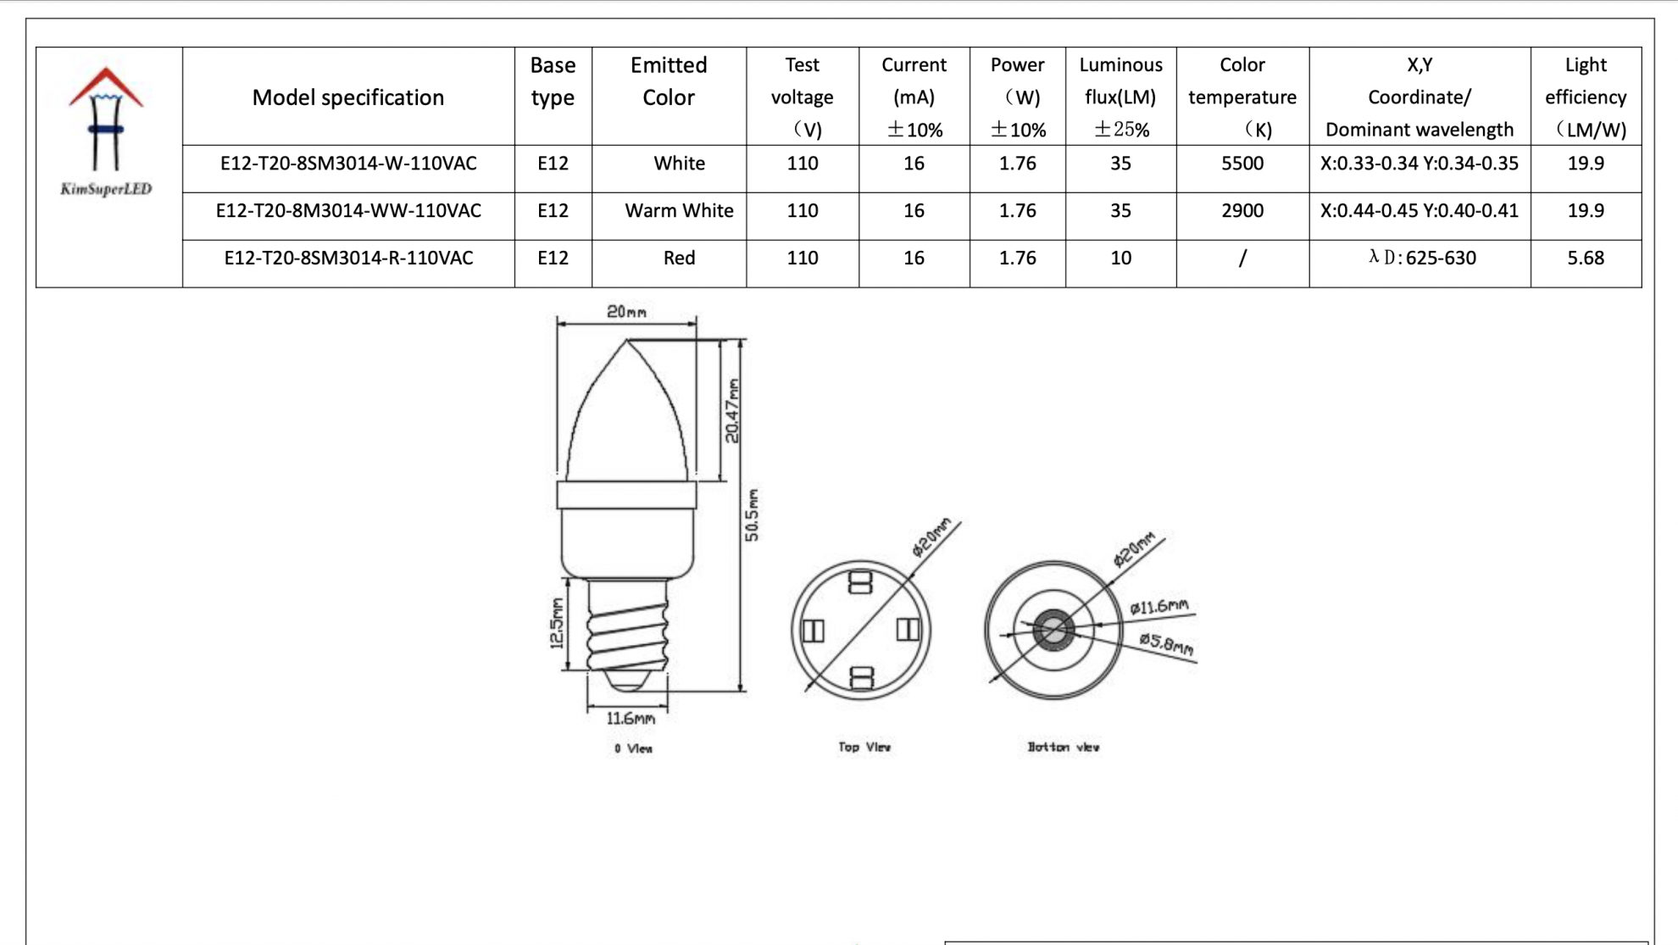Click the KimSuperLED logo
pos(106,131)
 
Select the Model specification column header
pos(347,97)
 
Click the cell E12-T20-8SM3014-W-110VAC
pos(347,164)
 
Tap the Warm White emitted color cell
pos(679,211)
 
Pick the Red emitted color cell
pos(679,258)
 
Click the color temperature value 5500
pos(1242,164)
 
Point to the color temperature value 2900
pos(1242,211)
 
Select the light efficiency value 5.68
pos(1585,258)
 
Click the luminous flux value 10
pos(1120,258)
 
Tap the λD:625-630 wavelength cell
pos(1421,258)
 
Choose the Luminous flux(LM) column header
pos(1120,97)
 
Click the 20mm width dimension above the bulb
pos(626,312)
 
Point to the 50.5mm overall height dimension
pos(752,514)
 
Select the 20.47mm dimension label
pos(732,411)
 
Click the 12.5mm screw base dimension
pos(557,623)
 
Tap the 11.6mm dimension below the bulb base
pos(631,719)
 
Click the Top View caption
pos(864,747)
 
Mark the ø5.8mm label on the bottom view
pos(1166,644)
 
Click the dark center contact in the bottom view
pos(1053,630)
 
